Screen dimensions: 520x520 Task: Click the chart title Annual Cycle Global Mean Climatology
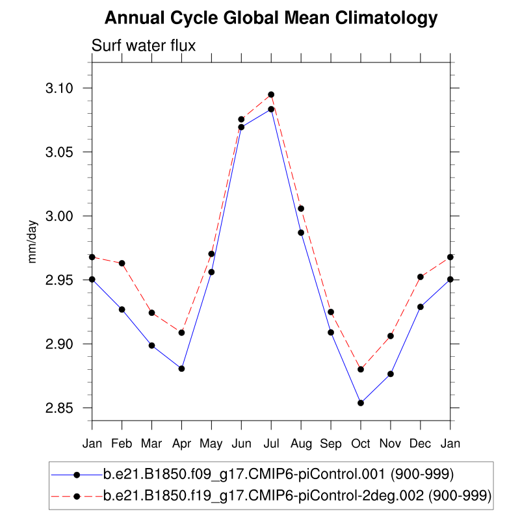[271, 18]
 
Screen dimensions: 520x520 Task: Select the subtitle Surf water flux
[144, 45]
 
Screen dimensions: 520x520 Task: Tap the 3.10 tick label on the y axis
[66, 88]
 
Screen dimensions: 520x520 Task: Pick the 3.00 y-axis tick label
[66, 216]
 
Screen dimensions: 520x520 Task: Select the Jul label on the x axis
[271, 443]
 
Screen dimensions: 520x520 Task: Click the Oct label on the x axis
[361, 443]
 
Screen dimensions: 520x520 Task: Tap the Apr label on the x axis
[181, 443]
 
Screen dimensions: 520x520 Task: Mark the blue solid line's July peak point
[271, 109]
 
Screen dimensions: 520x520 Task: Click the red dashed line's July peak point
[271, 95]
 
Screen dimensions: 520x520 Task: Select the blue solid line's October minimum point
[361, 403]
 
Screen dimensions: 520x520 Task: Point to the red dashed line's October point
[361, 369]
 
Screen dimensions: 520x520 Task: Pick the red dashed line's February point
[122, 263]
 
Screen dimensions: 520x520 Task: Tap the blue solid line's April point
[181, 369]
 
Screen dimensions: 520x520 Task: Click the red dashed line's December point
[421, 277]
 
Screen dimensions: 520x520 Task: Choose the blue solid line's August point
[301, 233]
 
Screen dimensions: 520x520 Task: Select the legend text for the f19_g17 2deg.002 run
[297, 496]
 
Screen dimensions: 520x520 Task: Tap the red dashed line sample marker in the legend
[77, 496]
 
